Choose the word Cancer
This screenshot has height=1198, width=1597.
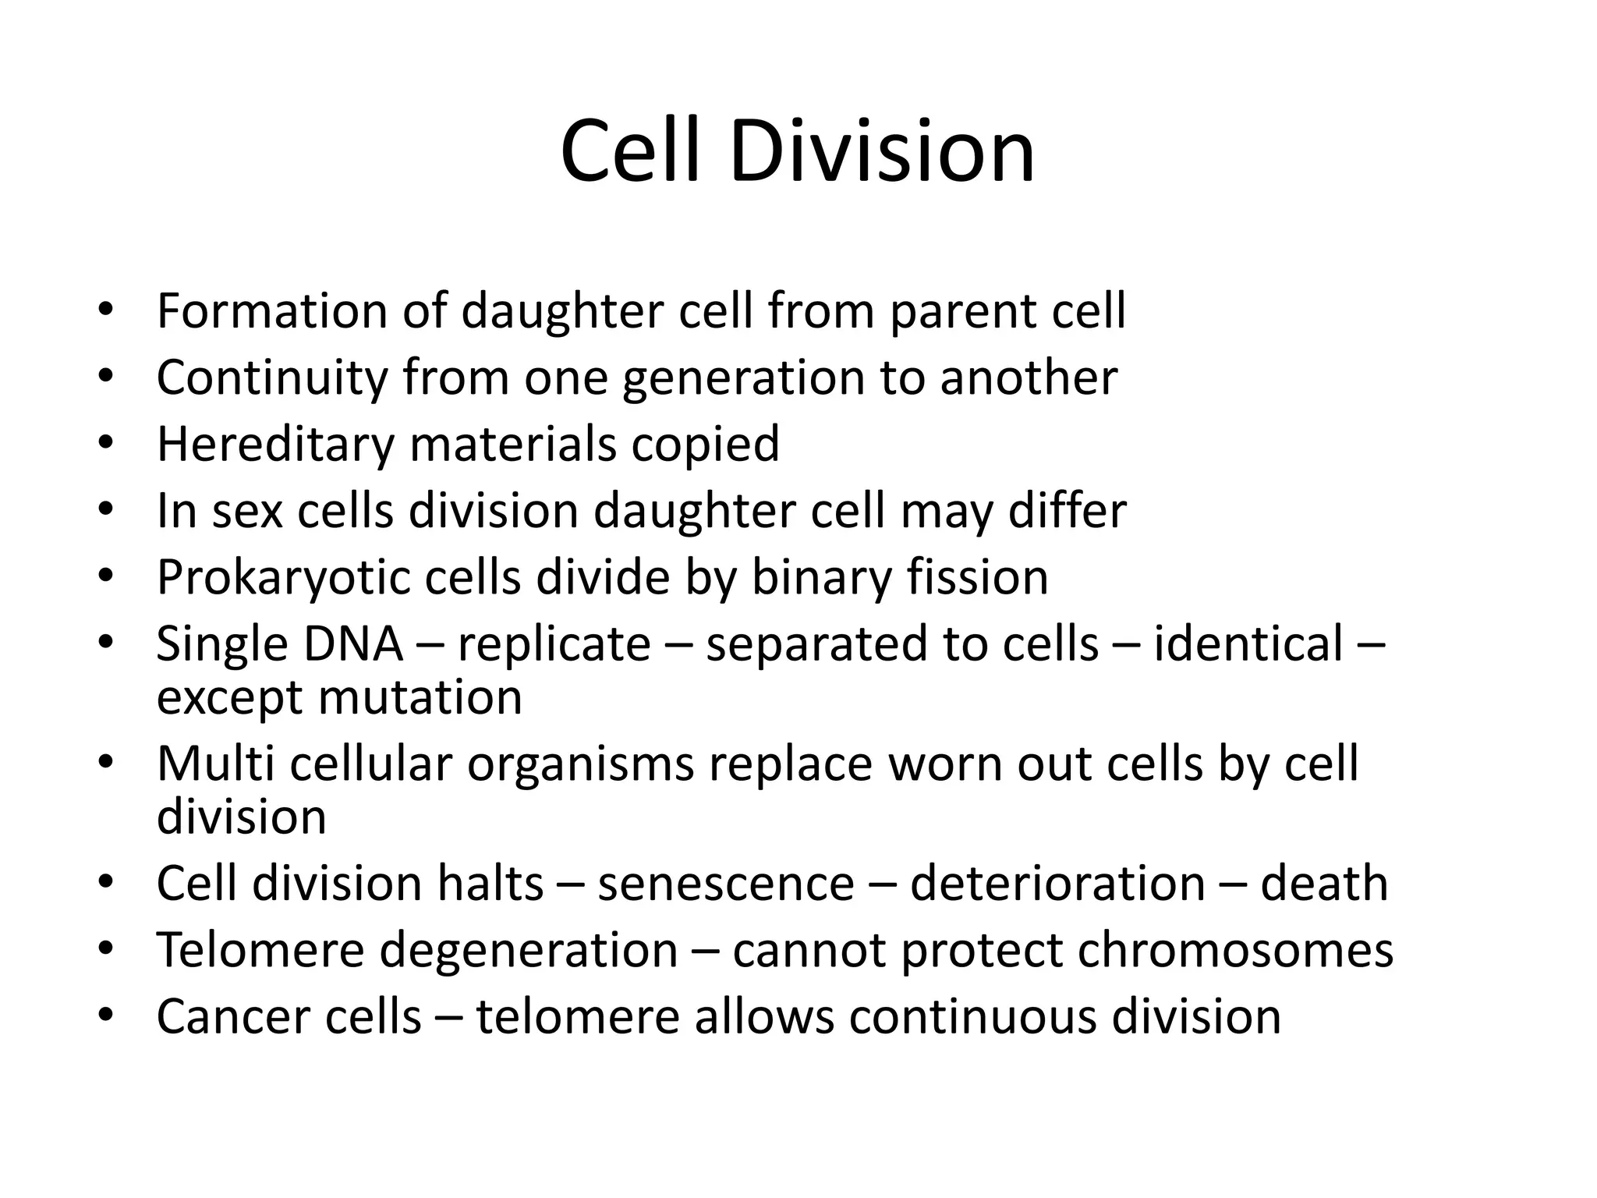coord(232,1017)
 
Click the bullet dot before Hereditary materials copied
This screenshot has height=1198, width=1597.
coord(106,442)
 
